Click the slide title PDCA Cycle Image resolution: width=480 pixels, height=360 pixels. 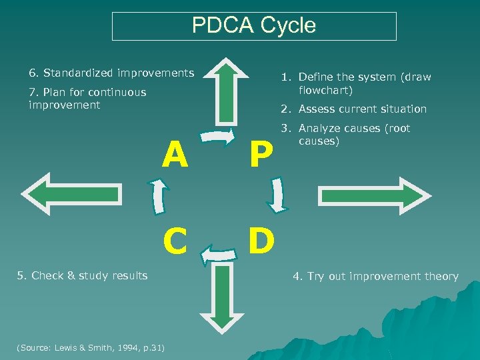coord(254,26)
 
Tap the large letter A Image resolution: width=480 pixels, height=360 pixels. coord(175,155)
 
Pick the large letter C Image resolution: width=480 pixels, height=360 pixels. coord(175,241)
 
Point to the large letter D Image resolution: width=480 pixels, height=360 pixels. coord(261,241)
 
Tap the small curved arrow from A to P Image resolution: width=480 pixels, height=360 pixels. coord(218,138)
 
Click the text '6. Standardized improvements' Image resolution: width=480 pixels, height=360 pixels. coord(111,73)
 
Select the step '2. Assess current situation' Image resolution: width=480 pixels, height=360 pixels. coord(362,109)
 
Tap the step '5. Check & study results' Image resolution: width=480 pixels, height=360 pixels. coord(83,275)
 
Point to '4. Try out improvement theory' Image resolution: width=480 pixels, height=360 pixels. coord(376,276)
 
